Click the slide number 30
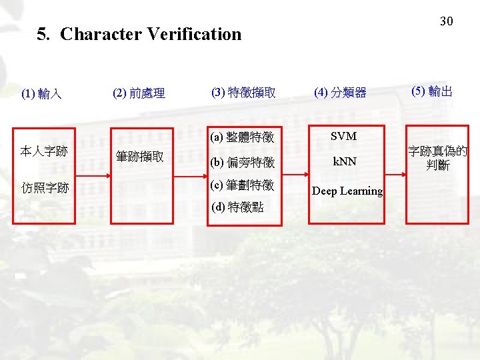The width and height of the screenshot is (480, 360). (x=446, y=21)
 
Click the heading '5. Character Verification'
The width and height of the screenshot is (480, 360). (x=139, y=34)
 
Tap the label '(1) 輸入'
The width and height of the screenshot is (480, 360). (x=41, y=94)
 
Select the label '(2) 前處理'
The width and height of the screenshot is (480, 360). (x=139, y=93)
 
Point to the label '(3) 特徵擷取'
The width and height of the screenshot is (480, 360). (x=243, y=92)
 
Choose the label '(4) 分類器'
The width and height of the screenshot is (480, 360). (x=340, y=93)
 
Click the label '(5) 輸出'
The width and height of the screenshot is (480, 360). (x=432, y=91)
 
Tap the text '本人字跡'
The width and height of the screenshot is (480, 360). (x=43, y=151)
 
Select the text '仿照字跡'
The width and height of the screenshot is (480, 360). (x=44, y=188)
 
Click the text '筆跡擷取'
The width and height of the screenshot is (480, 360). (x=140, y=157)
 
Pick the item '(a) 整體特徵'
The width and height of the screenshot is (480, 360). (x=242, y=138)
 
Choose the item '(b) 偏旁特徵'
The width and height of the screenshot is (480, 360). (x=242, y=162)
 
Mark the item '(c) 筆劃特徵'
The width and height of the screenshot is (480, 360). (x=242, y=185)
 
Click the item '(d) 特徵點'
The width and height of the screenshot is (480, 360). (x=237, y=207)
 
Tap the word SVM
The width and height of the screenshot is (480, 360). (x=344, y=137)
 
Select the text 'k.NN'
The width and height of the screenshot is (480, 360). (x=345, y=162)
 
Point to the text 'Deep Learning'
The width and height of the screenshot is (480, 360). (x=347, y=191)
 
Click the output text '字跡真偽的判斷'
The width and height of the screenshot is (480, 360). (x=438, y=159)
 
